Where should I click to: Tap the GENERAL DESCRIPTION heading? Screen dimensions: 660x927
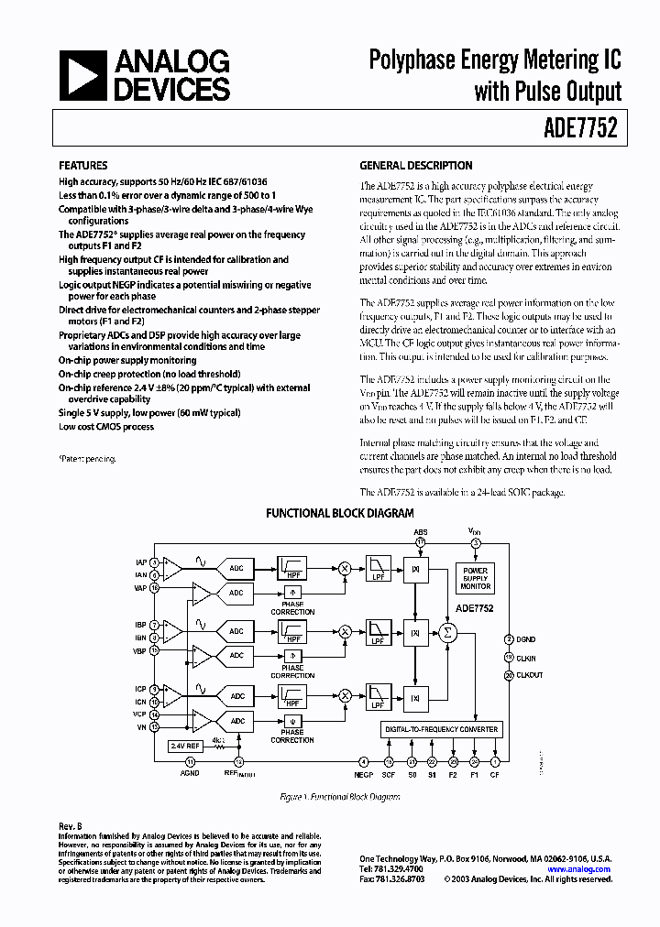(415, 166)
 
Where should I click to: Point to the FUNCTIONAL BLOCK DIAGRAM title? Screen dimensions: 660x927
(339, 514)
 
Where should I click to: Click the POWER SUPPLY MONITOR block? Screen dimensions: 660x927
(475, 578)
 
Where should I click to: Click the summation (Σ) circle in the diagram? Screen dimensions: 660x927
(448, 632)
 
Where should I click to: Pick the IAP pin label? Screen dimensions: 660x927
(140, 561)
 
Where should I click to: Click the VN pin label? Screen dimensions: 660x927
(142, 726)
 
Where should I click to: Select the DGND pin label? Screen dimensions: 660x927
(528, 638)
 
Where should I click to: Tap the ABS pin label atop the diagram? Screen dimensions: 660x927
(420, 531)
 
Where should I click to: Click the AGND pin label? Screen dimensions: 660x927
(190, 773)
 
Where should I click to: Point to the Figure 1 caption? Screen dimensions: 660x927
(339, 797)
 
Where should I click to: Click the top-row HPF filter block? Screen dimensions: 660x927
(292, 568)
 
